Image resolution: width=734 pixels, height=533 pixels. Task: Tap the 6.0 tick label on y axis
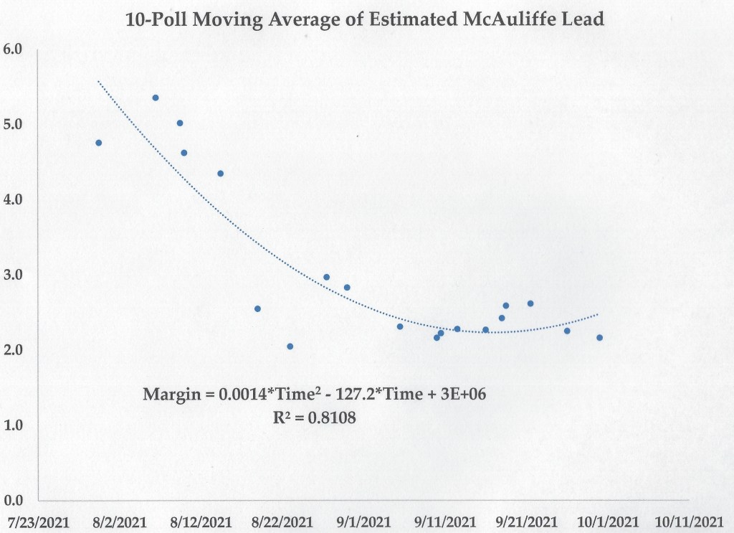pos(14,49)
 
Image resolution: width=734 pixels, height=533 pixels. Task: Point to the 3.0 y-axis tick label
pos(14,275)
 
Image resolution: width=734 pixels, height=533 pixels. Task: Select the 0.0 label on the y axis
pos(14,500)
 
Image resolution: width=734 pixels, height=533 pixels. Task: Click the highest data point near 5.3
pos(156,98)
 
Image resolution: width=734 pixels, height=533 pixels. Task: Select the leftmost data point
pos(99,143)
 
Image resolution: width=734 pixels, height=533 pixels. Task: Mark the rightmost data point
pos(599,338)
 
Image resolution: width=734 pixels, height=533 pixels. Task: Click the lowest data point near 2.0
pos(290,346)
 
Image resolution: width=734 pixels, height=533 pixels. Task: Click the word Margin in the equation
pos(166,395)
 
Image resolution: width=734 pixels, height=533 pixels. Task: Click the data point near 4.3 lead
pos(221,174)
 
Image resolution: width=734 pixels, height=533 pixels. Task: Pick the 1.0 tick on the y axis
pos(14,425)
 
